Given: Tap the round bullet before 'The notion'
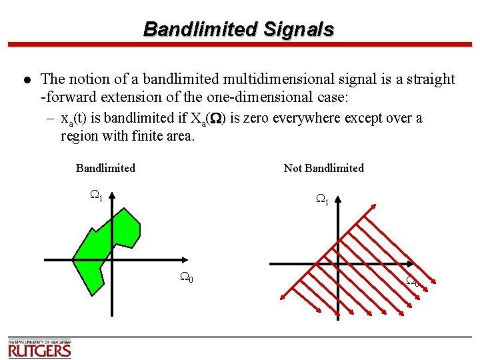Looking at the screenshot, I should click(26, 80).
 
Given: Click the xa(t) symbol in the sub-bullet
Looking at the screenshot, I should click(73, 119).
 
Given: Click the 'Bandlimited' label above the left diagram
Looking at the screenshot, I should click(105, 168).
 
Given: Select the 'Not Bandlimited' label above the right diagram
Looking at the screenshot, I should click(323, 168).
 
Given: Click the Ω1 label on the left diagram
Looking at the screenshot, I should click(95, 195).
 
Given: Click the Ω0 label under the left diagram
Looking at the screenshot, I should click(187, 277).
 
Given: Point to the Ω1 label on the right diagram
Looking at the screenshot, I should click(321, 199).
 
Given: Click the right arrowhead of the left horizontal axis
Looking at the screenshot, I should click(186, 259).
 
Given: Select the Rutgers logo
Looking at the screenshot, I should click(39, 347).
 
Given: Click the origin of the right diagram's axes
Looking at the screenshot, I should click(338, 263).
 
